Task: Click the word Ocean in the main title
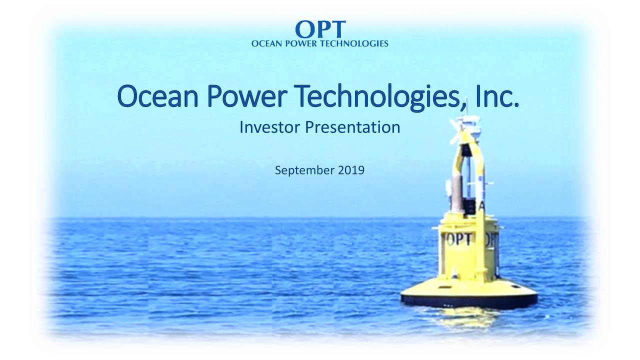[x=155, y=97]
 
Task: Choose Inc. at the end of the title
[x=497, y=97]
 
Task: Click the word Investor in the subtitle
[x=270, y=127]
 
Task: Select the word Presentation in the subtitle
[x=352, y=127]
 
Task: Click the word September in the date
[x=304, y=171]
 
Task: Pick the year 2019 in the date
[x=351, y=171]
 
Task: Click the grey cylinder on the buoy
[x=457, y=193]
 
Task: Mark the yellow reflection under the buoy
[x=465, y=317]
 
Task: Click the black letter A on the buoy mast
[x=482, y=206]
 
